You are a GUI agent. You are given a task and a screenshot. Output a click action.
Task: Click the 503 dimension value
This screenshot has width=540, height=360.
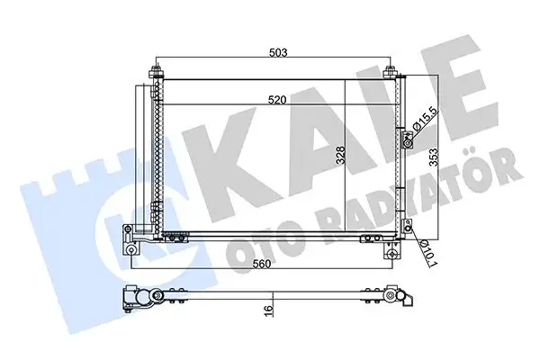point(278,52)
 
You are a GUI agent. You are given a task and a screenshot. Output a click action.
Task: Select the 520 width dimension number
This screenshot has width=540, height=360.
point(278,100)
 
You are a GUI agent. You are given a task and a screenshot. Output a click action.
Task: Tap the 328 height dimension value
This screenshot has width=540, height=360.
point(340,156)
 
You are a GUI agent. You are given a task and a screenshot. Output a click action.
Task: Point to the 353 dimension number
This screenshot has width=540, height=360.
point(434,157)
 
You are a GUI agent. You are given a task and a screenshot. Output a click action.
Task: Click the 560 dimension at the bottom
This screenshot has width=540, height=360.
point(262,264)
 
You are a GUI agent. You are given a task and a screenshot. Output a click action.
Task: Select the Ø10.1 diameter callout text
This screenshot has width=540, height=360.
point(427,253)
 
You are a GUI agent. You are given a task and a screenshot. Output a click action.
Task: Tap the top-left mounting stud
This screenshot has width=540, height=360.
point(156,72)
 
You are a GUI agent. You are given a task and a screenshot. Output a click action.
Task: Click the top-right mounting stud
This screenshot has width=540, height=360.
point(390,72)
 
